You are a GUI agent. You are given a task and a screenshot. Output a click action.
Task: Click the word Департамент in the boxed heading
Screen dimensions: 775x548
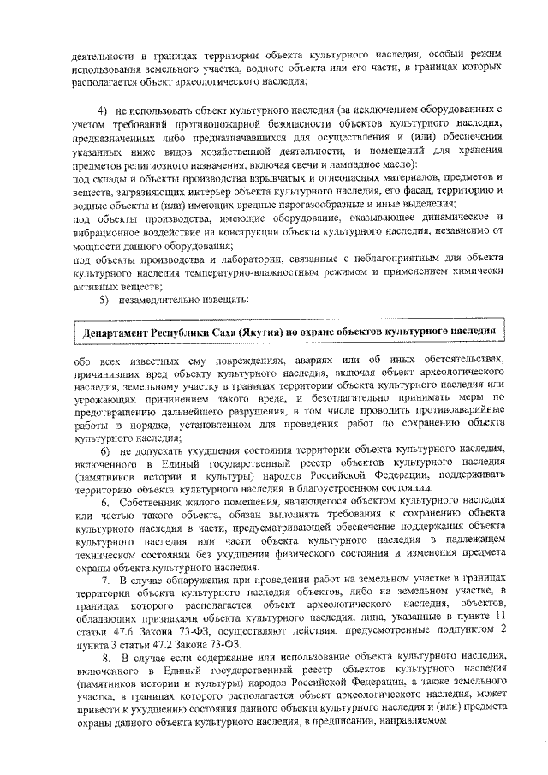(121, 331)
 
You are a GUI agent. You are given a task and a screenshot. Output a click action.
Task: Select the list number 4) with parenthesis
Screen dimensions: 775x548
(102, 111)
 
